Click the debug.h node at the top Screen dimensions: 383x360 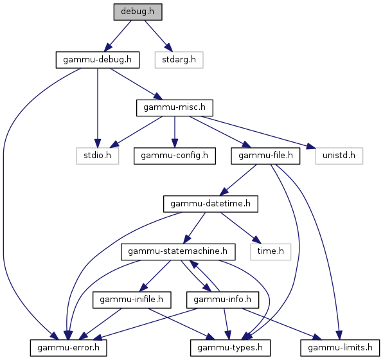tap(138, 12)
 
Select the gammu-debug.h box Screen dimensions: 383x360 tap(98, 60)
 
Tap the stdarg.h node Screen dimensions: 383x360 tap(179, 60)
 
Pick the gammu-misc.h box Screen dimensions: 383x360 tap(175, 108)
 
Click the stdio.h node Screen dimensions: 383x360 tap(98, 156)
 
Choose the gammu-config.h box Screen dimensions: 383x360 tap(175, 156)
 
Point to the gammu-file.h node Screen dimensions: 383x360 tap(265, 156)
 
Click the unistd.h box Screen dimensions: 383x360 tap(339, 156)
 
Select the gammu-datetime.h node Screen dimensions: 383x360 tap(211, 204)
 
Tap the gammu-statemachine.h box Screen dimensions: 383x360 tap(178, 252)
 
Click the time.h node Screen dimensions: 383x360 tap(271, 252)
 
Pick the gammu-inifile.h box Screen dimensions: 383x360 tap(132, 300)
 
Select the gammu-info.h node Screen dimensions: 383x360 tap(222, 300)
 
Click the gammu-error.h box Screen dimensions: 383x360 tap(68, 348)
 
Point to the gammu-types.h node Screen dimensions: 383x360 tap(230, 348)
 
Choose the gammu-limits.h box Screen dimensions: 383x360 tap(340, 348)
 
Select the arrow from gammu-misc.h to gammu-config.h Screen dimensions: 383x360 tap(175, 132)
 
